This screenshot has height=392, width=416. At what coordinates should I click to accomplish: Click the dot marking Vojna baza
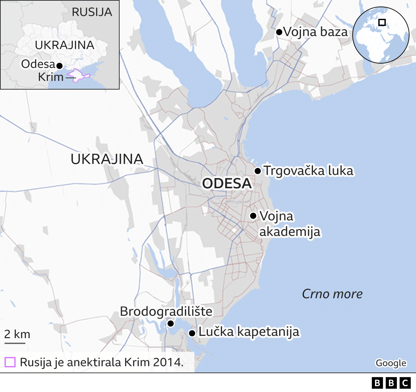279,32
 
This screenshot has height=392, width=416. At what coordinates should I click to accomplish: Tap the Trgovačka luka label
308,171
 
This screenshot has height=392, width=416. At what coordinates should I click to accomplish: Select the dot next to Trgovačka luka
258,171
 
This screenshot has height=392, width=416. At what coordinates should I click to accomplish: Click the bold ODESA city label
227,184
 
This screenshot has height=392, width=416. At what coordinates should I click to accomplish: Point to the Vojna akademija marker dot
253,216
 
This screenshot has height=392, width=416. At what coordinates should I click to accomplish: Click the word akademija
290,232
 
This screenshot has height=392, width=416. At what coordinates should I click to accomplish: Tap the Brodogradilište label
166,312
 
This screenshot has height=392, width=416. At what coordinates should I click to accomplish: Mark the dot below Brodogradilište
170,324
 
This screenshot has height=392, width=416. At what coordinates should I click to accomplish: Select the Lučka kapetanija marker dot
192,333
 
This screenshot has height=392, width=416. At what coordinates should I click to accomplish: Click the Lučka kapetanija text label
249,332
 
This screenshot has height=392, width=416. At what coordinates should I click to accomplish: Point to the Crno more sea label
332,294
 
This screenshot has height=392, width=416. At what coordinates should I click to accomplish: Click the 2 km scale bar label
17,334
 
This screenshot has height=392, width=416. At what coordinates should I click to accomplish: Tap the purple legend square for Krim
10,362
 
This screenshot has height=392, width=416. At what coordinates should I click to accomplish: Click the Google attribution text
391,363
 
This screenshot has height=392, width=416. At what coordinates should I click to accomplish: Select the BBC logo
391,383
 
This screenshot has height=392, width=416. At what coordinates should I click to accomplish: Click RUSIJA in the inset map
92,12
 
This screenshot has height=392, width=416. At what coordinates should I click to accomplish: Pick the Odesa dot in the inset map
59,66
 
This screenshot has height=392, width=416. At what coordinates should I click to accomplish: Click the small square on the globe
382,22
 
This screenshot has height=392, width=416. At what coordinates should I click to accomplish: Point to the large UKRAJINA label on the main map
107,159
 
